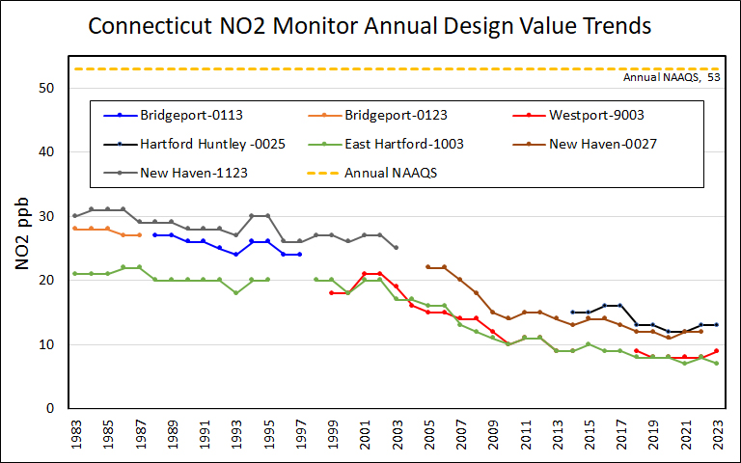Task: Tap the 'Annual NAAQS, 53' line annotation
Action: coord(672,77)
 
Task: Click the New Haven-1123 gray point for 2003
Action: coord(396,248)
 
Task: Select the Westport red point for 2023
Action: coord(715,351)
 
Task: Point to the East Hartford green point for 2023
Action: coord(715,364)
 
